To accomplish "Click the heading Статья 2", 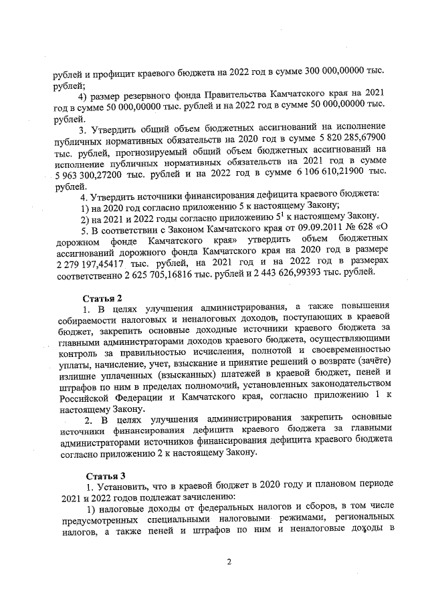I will click(x=104, y=297).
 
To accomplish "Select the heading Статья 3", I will click(x=103, y=476).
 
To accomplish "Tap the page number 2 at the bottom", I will click(x=228, y=561).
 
